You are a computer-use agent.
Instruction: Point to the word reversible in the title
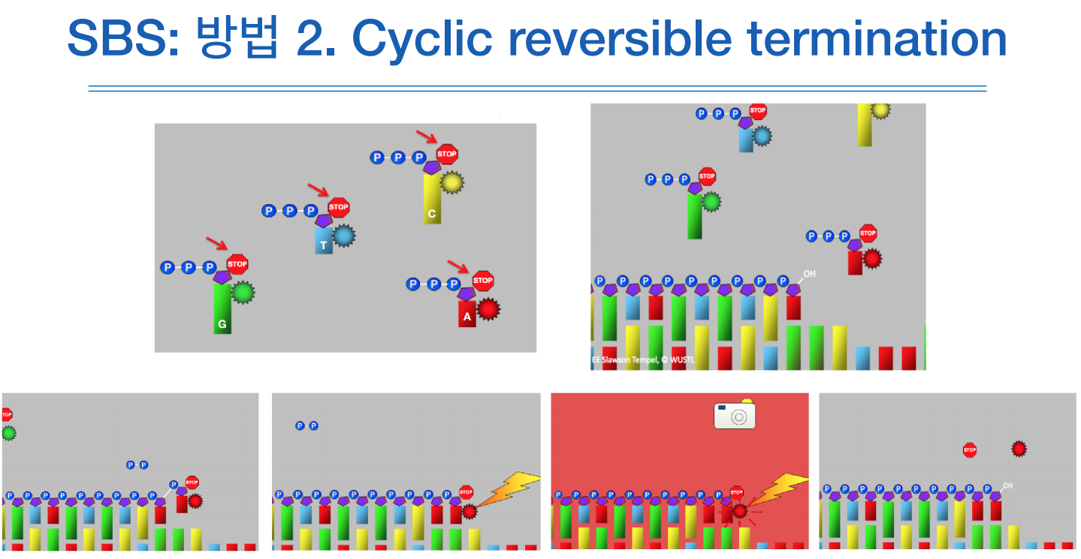pyautogui.click(x=645, y=39)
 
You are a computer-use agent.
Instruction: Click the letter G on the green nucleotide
pyautogui.click(x=222, y=325)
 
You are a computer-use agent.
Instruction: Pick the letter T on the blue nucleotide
pyautogui.click(x=323, y=245)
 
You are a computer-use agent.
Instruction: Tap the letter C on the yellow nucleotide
pyautogui.click(x=431, y=214)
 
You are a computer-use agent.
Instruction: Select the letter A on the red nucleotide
pyautogui.click(x=467, y=317)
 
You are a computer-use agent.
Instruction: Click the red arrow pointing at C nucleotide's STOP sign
pyautogui.click(x=427, y=137)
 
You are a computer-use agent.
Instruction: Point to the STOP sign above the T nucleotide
pyautogui.click(x=339, y=207)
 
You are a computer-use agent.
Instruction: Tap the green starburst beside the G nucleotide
pyautogui.click(x=243, y=292)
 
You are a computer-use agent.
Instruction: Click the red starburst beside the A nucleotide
pyautogui.click(x=488, y=308)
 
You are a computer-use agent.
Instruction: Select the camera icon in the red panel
pyautogui.click(x=734, y=416)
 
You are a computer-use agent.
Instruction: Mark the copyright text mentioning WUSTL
pyautogui.click(x=644, y=361)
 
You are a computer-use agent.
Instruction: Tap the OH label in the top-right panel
pyautogui.click(x=809, y=274)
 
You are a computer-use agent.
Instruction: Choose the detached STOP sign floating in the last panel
pyautogui.click(x=969, y=450)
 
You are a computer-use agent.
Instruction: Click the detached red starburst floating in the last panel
pyautogui.click(x=1019, y=449)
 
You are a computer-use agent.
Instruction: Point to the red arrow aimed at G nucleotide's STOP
pyautogui.click(x=216, y=243)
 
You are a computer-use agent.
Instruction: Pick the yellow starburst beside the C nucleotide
pyautogui.click(x=451, y=182)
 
